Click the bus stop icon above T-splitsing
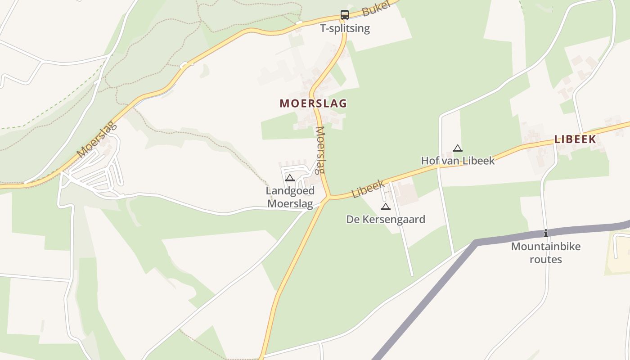344,15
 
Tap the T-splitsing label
345,28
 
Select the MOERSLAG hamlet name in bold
313,103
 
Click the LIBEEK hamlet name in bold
575,139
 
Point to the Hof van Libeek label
458,161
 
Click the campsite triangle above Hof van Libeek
458,148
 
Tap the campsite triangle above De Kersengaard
385,207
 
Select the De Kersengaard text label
386,219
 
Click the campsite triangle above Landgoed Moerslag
290,178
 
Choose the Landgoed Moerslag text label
290,197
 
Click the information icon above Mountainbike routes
545,233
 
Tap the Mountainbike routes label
545,253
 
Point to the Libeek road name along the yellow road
369,189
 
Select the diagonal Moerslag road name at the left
97,139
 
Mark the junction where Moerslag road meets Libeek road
329,197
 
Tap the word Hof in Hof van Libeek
429,161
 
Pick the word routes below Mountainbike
545,259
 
